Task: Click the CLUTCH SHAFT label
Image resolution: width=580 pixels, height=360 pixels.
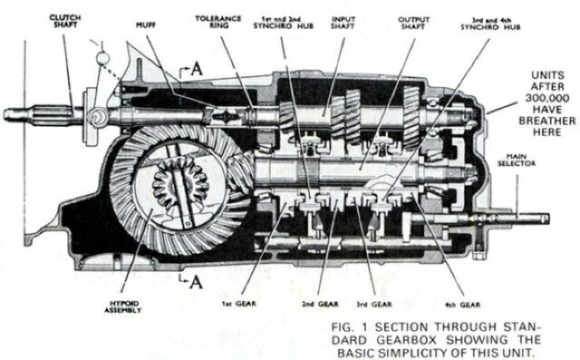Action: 65,21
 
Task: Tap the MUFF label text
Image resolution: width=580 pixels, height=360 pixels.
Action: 146,25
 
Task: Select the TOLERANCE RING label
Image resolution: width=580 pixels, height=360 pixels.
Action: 218,22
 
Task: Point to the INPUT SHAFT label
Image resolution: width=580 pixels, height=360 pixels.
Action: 343,23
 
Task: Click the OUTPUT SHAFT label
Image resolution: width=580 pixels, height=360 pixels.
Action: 413,23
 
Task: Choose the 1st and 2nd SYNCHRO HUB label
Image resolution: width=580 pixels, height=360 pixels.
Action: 284,22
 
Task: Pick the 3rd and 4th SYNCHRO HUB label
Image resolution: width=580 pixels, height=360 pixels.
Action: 490,24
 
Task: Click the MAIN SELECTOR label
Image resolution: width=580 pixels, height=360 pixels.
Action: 517,160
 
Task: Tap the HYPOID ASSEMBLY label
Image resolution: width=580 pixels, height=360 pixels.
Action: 122,306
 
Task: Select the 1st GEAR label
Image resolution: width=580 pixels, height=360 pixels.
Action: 239,304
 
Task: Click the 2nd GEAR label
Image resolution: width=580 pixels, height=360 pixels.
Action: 320,304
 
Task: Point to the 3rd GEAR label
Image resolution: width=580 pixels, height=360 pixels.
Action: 373,304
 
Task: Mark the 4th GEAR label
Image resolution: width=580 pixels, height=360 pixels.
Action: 463,305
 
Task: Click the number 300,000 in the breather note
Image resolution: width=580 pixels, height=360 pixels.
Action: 547,98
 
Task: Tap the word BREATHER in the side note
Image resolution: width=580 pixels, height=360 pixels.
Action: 547,121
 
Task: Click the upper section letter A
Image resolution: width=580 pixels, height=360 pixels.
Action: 197,69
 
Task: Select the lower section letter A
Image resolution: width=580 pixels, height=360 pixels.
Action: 196,283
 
